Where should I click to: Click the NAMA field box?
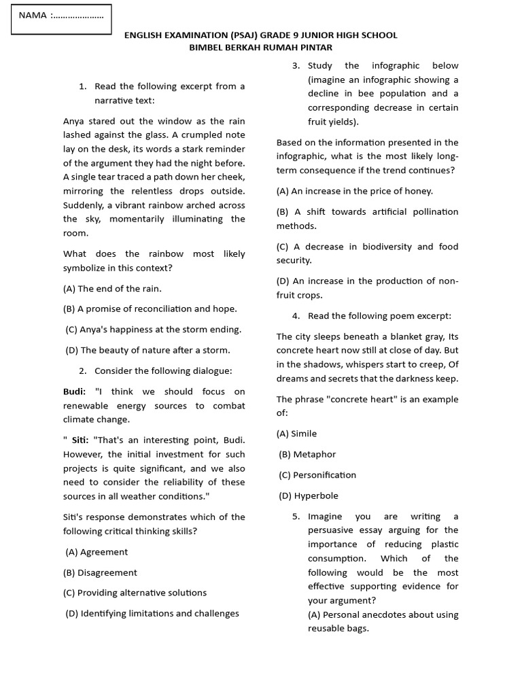61,18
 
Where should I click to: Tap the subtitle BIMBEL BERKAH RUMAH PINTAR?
260,48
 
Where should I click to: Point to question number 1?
83,86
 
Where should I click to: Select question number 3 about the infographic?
296,66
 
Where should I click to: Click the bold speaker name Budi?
74,391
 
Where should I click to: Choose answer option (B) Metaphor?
307,454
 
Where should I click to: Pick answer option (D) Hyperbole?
308,495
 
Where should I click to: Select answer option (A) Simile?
296,434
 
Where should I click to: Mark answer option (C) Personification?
317,475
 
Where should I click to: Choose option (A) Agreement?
97,552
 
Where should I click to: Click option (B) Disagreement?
100,572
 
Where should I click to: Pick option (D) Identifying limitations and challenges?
152,614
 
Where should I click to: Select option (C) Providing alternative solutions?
135,593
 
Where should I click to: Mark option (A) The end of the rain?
112,288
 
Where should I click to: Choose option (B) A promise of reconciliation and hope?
150,309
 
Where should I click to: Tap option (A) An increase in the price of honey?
354,191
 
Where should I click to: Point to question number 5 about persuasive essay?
296,517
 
